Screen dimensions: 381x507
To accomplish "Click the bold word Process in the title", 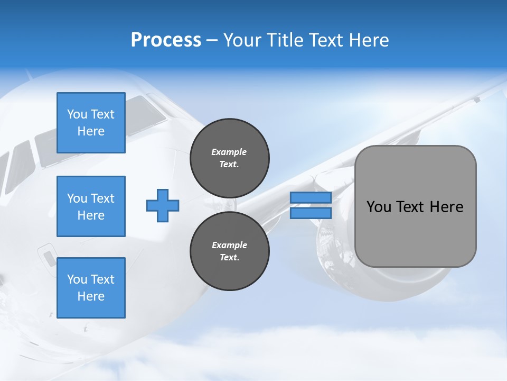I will click(166, 40).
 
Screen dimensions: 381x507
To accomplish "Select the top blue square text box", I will click(91, 123).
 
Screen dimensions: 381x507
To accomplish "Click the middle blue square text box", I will click(91, 206).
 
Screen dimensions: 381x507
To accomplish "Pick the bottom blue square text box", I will click(91, 288).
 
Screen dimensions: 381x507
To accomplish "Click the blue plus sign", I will click(163, 206).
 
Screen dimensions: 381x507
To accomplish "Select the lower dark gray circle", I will click(230, 251).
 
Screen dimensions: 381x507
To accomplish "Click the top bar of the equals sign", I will click(311, 197).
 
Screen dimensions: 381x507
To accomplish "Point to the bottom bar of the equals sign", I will click(311, 213).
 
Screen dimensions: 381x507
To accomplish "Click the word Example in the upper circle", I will click(229, 152).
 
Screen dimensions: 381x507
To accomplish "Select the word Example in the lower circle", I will click(229, 245).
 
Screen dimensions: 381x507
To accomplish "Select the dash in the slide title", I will click(212, 40).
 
